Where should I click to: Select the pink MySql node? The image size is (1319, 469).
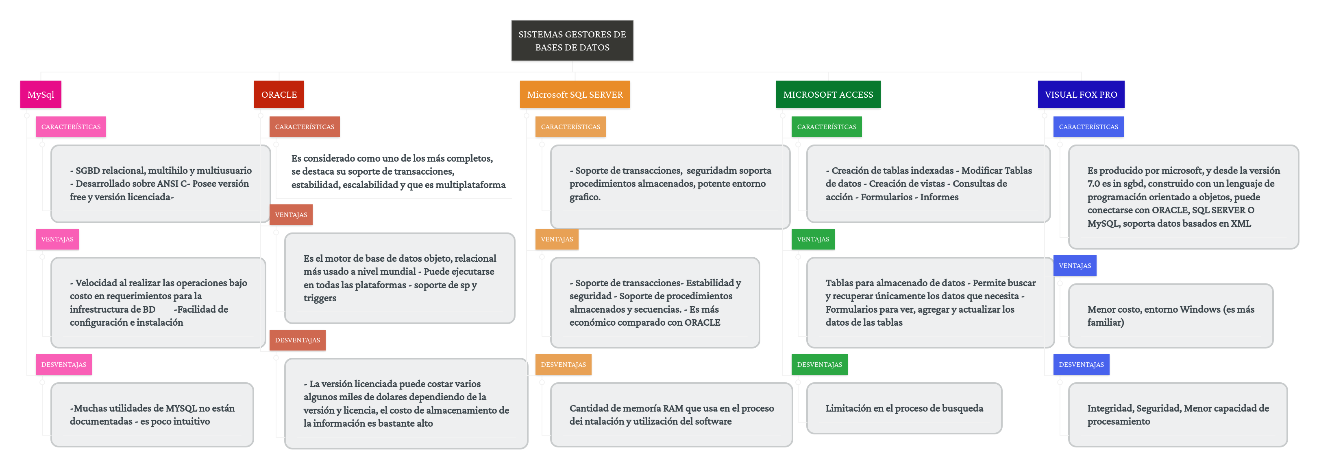pyautogui.click(x=41, y=94)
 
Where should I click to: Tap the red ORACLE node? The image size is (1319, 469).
pyautogui.click(x=279, y=94)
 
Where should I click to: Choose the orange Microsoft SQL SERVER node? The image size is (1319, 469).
pyautogui.click(x=575, y=94)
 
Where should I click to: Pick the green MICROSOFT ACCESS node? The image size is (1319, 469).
pyautogui.click(x=828, y=94)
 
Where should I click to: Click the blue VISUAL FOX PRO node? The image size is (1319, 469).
pyautogui.click(x=1081, y=94)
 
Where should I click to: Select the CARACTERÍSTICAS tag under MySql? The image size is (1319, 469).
pyautogui.click(x=71, y=127)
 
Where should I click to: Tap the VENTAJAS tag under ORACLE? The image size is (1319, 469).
pyautogui.click(x=291, y=215)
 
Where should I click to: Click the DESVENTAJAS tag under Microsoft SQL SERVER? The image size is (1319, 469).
pyautogui.click(x=563, y=364)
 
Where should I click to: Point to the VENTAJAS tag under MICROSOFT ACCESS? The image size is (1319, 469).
pyautogui.click(x=813, y=239)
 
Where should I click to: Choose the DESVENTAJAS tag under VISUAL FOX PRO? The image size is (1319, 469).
pyautogui.click(x=1081, y=364)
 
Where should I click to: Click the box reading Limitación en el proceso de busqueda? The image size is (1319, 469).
pyautogui.click(x=904, y=408)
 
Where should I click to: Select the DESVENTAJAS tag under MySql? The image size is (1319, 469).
pyautogui.click(x=63, y=364)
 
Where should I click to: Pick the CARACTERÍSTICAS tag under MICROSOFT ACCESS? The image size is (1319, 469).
pyautogui.click(x=827, y=127)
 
